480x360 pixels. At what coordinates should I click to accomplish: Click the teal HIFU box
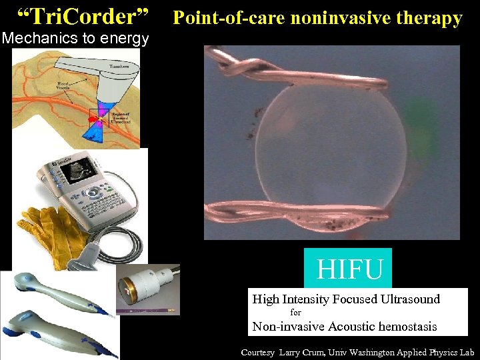pos(348,269)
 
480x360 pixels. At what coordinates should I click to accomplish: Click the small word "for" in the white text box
pos(296,313)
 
